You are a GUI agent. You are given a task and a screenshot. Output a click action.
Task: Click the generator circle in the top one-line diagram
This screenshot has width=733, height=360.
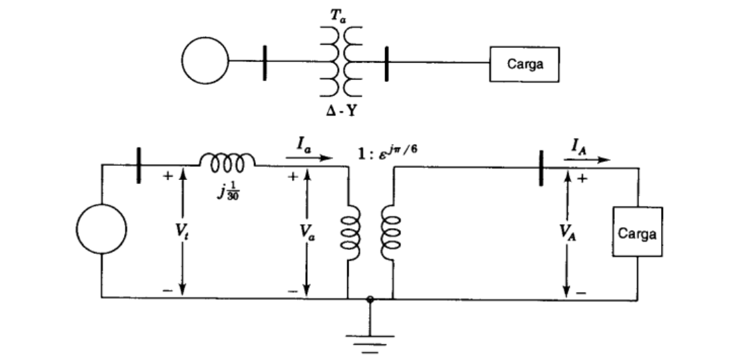pos(207,61)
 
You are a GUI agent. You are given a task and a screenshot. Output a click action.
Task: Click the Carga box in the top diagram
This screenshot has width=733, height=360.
pos(524,65)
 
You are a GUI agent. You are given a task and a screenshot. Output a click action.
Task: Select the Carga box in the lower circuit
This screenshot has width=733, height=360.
pos(637,234)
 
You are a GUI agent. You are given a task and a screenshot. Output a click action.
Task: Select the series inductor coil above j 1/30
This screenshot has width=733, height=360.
pos(227,161)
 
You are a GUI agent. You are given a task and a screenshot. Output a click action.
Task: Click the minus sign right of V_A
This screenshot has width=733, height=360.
pos(581,292)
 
